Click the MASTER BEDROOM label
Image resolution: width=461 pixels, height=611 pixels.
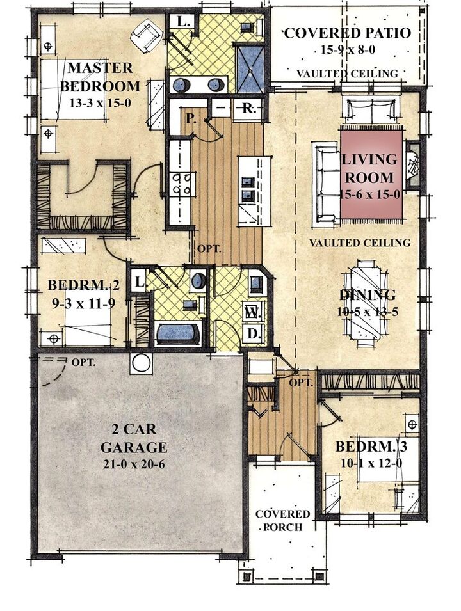[x=101, y=77]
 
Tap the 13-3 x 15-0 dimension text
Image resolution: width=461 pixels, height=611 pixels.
[x=100, y=103]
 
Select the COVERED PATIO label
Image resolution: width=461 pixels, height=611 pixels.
[x=348, y=33]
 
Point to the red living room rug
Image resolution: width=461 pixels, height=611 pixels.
[x=372, y=176]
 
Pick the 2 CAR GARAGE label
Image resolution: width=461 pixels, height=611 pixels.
[x=134, y=438]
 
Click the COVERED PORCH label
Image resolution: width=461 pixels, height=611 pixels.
[x=283, y=520]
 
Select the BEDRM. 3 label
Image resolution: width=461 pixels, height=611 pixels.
[x=371, y=447]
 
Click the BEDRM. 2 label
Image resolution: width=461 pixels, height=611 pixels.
[x=83, y=285]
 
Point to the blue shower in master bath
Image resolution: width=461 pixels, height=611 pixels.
[x=251, y=69]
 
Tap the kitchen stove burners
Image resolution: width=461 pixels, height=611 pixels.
[x=182, y=184]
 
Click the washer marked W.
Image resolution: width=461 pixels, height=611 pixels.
[x=252, y=312]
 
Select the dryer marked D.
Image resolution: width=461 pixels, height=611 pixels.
[x=253, y=333]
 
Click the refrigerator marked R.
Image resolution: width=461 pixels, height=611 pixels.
[x=249, y=108]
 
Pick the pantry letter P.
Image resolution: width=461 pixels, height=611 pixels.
[x=190, y=118]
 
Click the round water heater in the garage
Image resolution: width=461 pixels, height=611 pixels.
[x=142, y=363]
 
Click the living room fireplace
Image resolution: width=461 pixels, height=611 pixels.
[x=412, y=166]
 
